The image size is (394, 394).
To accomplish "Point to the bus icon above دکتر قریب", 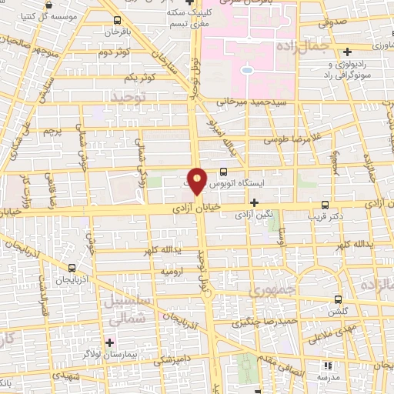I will [326, 205].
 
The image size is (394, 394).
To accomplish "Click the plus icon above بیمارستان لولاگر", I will [110, 341].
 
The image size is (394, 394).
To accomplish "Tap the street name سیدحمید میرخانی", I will [262, 101].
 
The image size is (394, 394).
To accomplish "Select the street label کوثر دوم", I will [114, 52].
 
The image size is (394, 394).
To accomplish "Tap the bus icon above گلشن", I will [339, 299].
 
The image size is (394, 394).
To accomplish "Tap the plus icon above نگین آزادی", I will [255, 202].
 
